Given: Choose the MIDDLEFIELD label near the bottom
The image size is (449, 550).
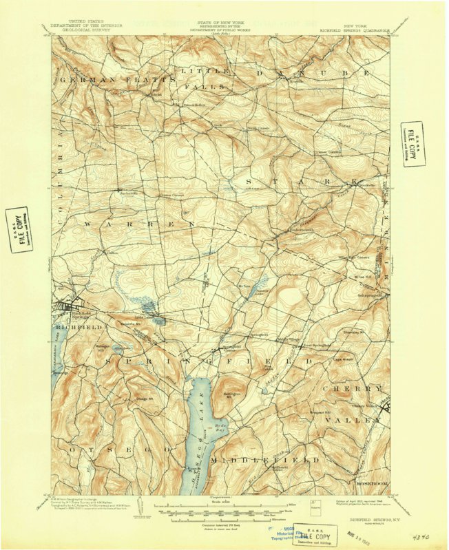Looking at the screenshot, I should click(265, 459).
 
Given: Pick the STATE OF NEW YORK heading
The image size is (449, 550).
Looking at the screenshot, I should click(223, 23).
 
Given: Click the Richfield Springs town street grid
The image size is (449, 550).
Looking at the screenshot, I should click(72, 308).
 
